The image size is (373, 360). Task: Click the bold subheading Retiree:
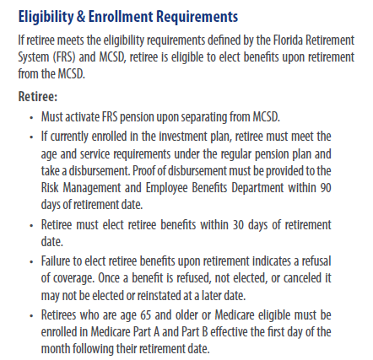37,95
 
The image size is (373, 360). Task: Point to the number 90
325,186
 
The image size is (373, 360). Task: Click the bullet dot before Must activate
31,117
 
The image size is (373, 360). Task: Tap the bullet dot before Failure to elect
31,261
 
